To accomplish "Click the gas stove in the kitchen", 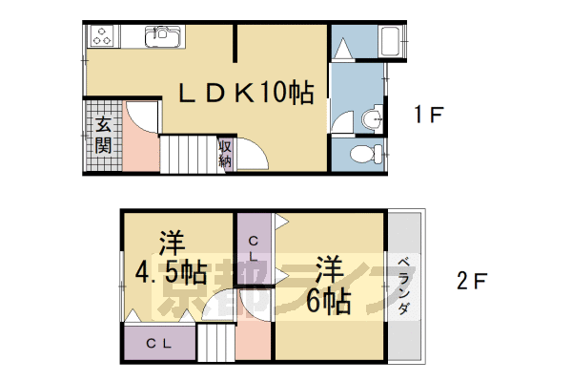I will (101, 37).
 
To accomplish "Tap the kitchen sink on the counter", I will (160, 37).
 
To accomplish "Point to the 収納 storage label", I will (226, 154).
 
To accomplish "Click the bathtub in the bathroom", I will (391, 42).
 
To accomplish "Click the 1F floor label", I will (429, 117).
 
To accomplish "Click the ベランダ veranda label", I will (403, 286).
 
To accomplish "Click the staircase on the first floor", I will (181, 154).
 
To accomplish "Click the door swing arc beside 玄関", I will (141, 119).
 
